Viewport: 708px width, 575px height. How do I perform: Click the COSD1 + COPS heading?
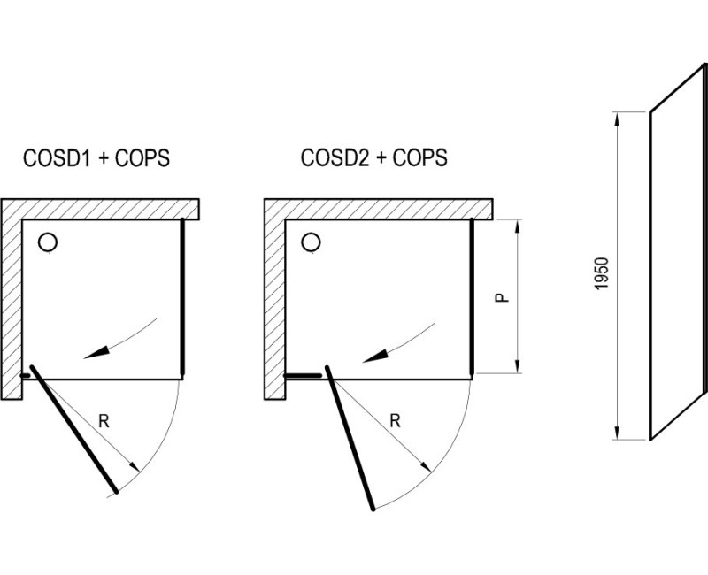pos(96,158)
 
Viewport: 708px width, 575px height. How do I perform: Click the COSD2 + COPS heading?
pos(373,158)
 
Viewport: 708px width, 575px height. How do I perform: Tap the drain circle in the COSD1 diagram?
pos(48,242)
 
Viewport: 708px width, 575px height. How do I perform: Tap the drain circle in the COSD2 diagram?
pos(311,242)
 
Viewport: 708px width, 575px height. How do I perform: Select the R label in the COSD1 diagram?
pos(104,421)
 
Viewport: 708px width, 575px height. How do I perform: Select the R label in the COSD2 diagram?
pos(395,421)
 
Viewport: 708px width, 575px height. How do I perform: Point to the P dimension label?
pos(502,297)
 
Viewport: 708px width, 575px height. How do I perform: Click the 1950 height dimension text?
pos(602,273)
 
